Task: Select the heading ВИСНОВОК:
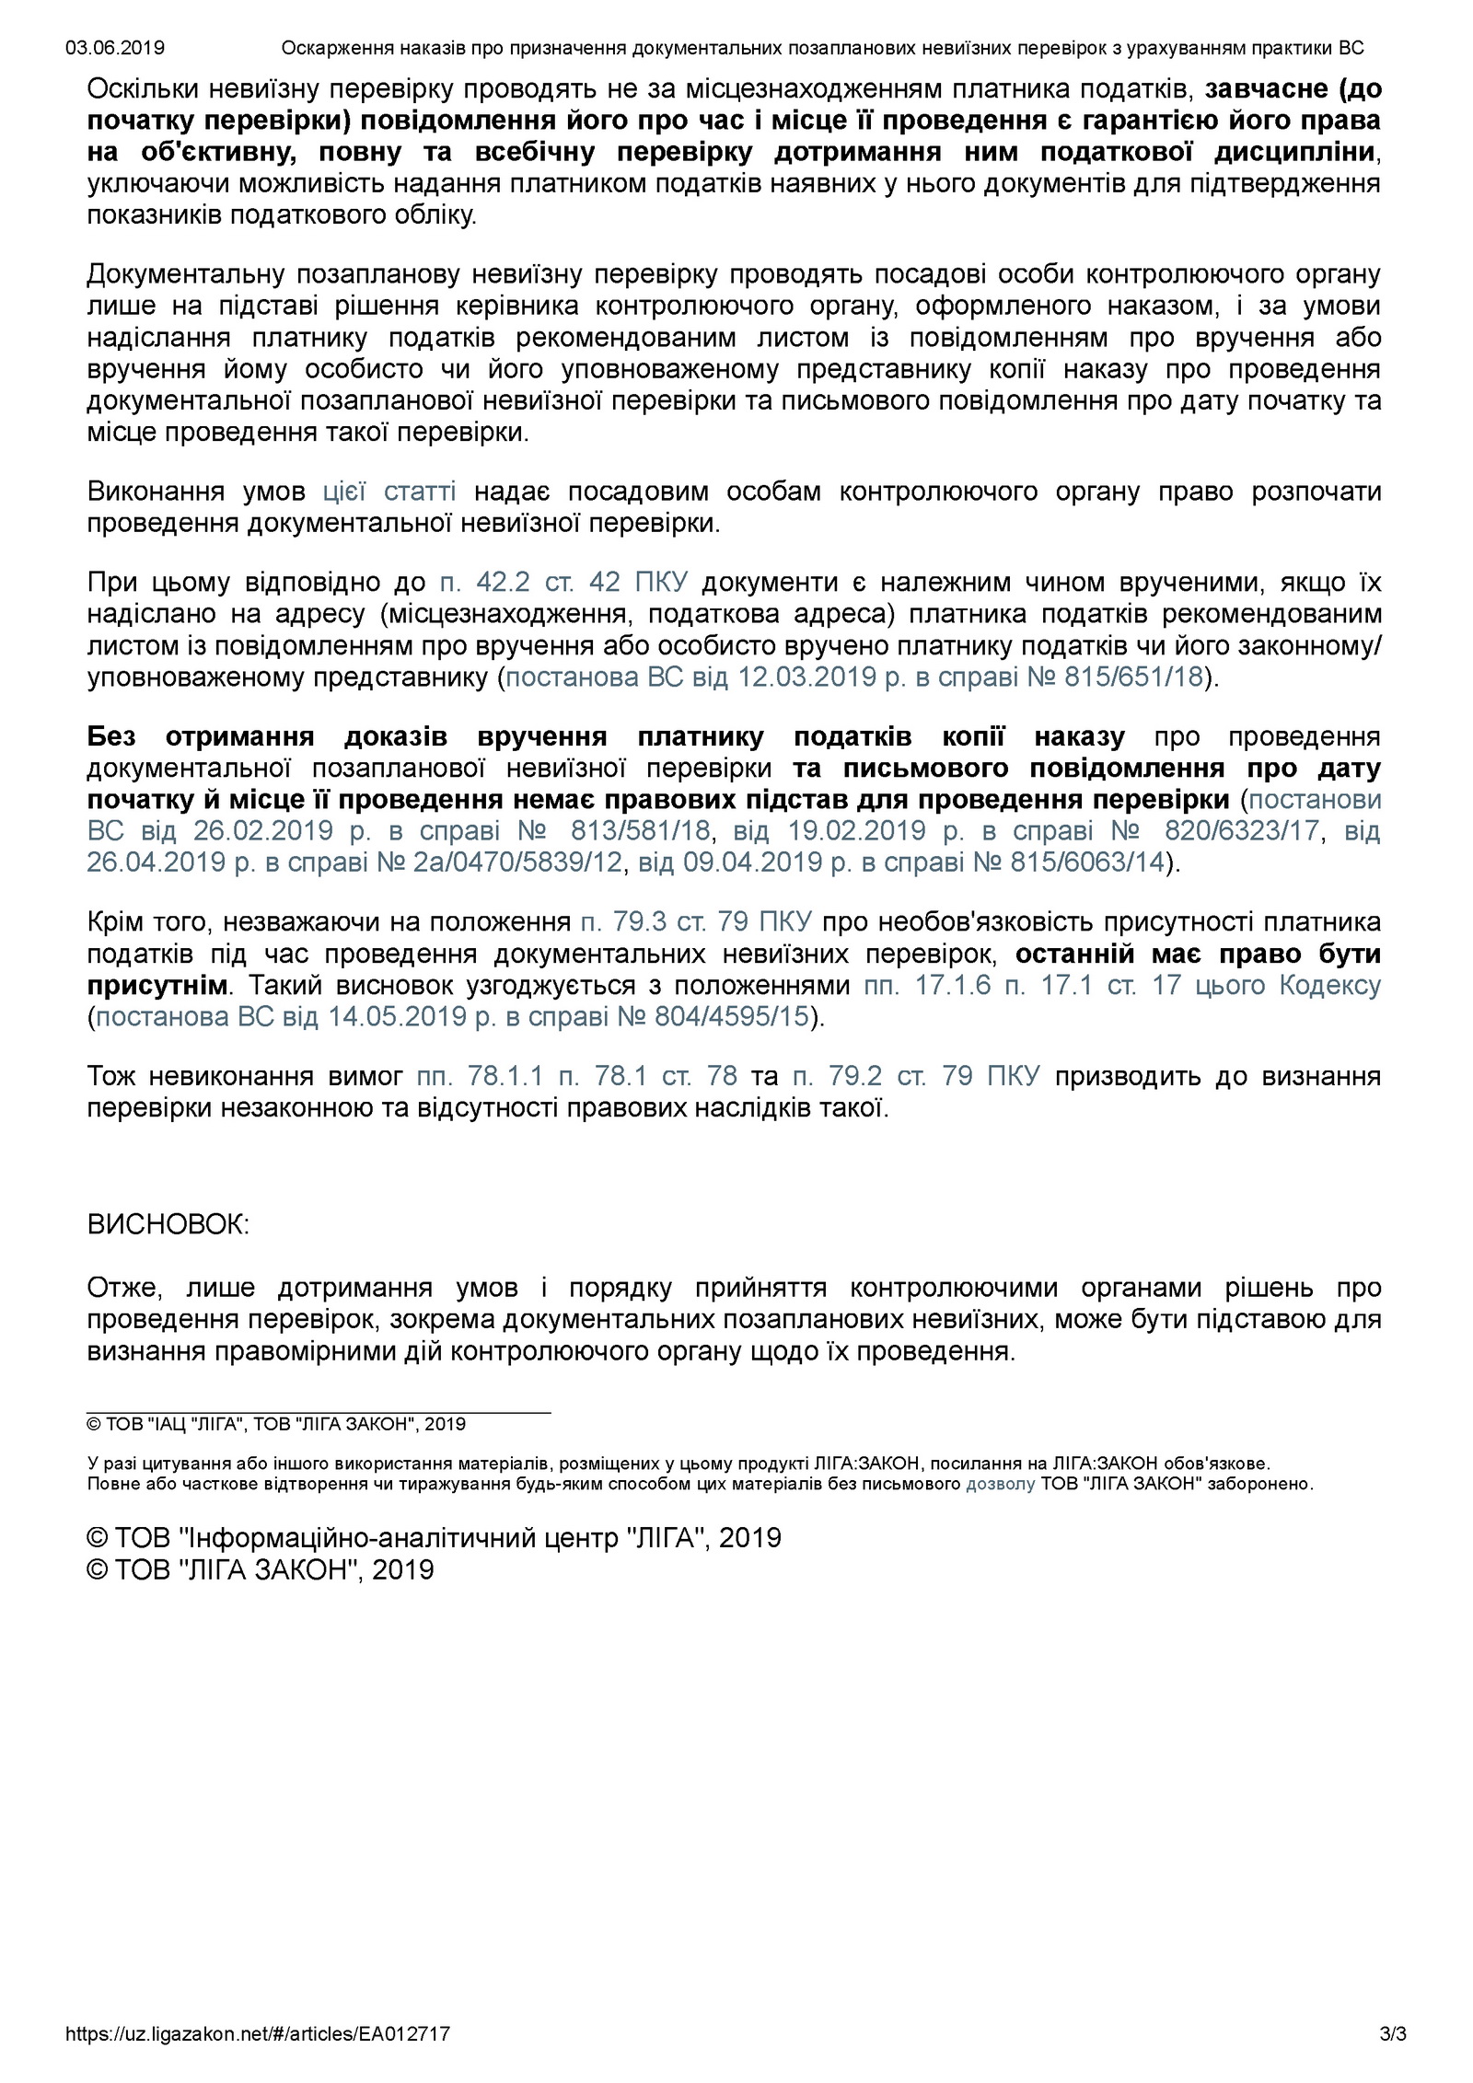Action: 168,1225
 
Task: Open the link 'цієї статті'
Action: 389,492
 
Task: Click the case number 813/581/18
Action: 641,831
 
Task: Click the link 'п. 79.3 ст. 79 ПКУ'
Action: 695,922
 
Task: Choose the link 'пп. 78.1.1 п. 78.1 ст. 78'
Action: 577,1076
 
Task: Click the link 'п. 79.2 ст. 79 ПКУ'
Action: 916,1076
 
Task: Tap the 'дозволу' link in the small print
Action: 1000,1484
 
